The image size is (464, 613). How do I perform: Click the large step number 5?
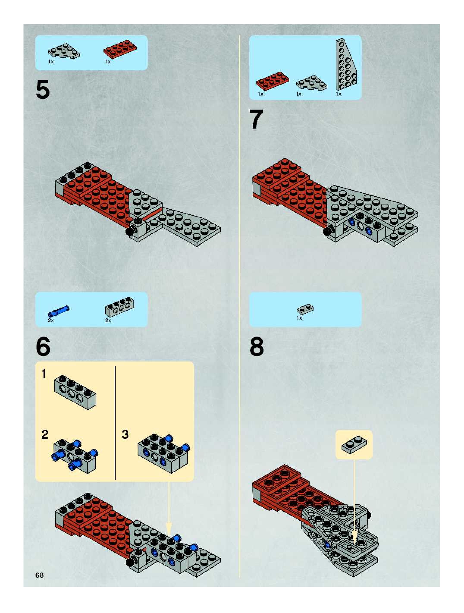[43, 89]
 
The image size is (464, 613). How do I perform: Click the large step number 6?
[43, 346]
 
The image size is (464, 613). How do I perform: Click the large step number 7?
[256, 119]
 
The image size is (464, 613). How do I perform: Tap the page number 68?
[39, 575]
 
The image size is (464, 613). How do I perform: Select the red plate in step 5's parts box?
[120, 49]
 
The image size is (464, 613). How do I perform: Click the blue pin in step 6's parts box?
[58, 311]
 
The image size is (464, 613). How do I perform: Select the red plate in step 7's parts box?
[273, 81]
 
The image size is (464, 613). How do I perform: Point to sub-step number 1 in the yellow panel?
[44, 374]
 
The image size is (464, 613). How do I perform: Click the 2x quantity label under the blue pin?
[51, 320]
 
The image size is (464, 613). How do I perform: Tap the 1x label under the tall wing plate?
[339, 94]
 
